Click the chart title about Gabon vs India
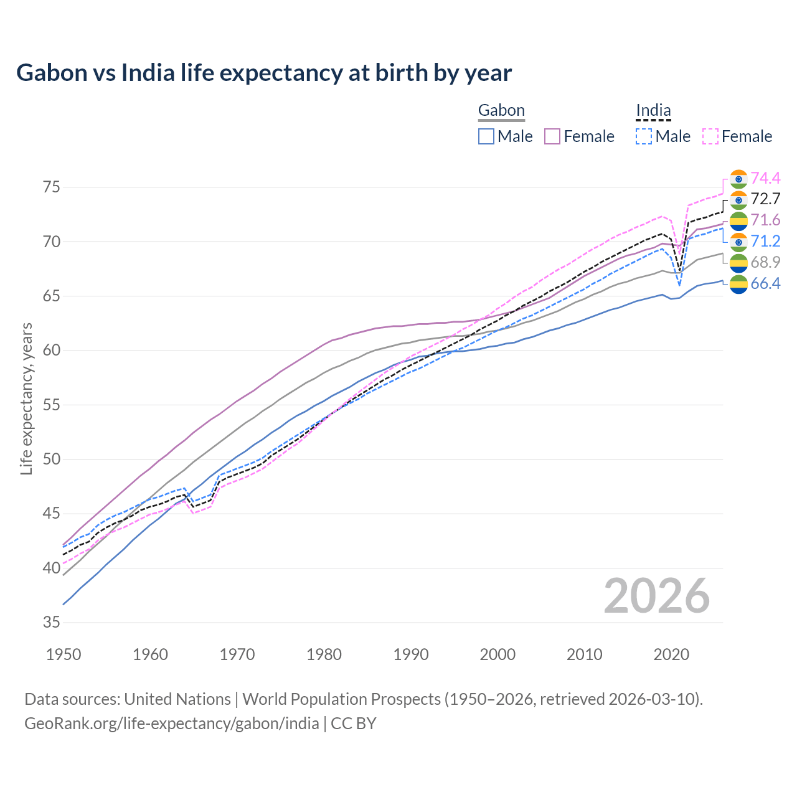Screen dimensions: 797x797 (264, 73)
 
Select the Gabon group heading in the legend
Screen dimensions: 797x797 (501, 111)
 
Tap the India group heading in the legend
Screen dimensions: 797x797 (653, 111)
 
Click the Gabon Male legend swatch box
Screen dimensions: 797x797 (486, 136)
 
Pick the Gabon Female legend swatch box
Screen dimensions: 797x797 (552, 136)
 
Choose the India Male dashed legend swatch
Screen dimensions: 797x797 (644, 136)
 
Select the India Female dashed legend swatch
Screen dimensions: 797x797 (710, 136)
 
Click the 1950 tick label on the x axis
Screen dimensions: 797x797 (64, 654)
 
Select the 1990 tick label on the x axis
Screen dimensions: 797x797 (411, 654)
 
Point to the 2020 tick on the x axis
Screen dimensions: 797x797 (671, 654)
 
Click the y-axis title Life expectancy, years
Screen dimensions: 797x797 (27, 398)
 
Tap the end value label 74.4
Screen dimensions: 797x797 (765, 178)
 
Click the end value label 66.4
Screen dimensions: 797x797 (765, 284)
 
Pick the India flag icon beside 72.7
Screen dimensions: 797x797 (738, 199)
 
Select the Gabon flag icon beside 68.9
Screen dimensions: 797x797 (738, 263)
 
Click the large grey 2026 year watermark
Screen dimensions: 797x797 (657, 596)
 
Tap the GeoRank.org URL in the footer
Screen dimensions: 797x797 (171, 724)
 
